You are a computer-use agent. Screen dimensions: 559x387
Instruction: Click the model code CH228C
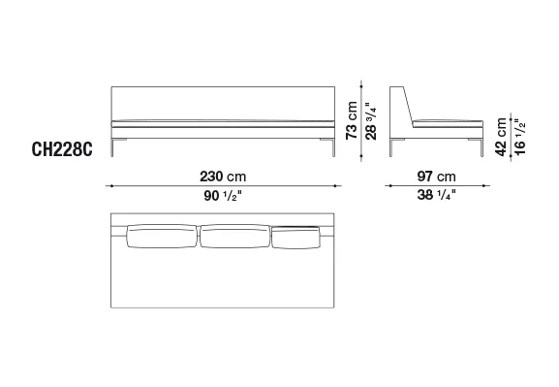point(62,149)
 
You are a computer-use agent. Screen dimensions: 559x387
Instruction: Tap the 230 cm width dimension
point(223,177)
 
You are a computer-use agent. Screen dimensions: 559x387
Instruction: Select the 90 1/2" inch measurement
point(223,195)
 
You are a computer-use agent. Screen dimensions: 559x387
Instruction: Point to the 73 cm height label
point(352,120)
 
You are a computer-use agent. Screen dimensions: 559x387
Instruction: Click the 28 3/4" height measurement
point(371,120)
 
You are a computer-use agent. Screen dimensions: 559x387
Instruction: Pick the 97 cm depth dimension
point(436,177)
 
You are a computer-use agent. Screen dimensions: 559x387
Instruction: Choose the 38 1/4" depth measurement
point(436,195)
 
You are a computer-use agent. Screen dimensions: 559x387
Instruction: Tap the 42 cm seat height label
point(501,137)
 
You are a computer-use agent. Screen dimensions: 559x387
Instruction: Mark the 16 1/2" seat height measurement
point(520,137)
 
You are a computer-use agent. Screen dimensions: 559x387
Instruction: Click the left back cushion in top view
point(162,236)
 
